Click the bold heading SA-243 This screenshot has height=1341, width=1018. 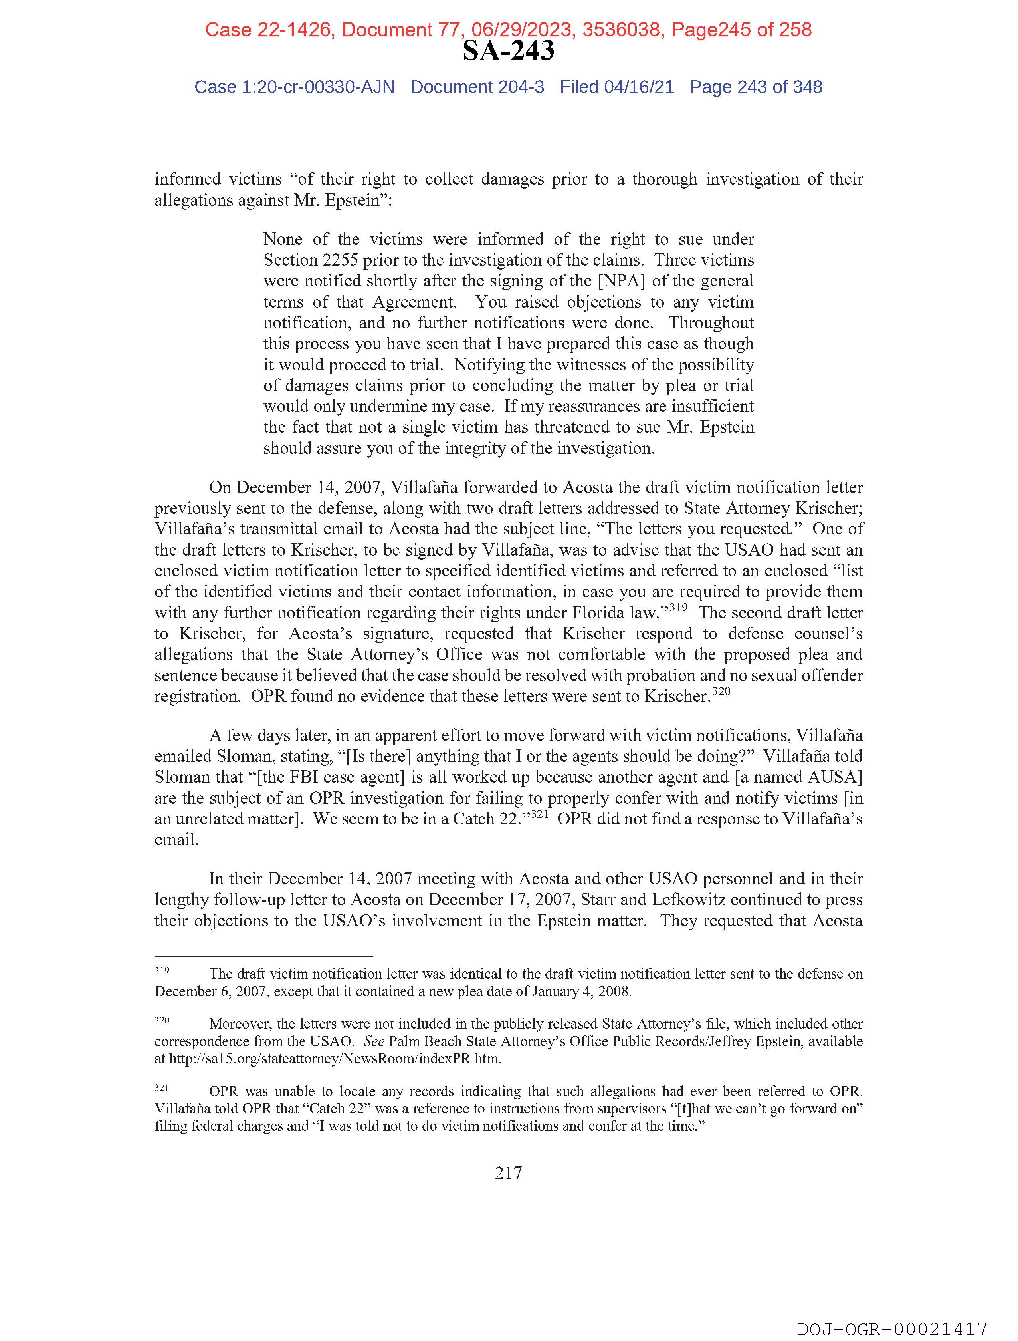tap(508, 51)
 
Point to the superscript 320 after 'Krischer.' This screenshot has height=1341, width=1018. tap(721, 691)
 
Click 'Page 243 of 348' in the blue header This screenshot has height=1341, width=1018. tap(756, 87)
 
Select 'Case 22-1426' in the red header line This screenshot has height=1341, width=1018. tap(268, 30)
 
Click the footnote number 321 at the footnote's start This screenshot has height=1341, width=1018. tap(161, 1088)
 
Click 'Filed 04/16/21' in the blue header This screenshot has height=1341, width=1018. tap(616, 87)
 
